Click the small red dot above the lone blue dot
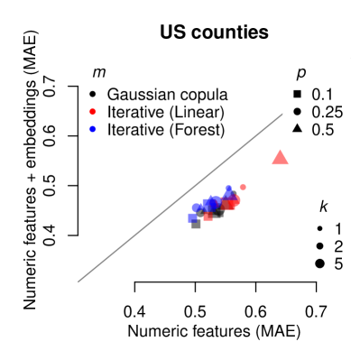click(x=93, y=112)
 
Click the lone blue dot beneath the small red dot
click(x=93, y=129)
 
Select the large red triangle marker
click(x=280, y=158)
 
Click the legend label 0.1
click(x=322, y=94)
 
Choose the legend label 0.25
click(x=326, y=112)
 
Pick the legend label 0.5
click(x=322, y=130)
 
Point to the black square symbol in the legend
click(x=298, y=94)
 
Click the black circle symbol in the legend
click(x=298, y=112)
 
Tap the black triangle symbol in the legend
click(x=298, y=129)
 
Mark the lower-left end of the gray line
click(x=78, y=281)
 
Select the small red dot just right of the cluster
click(x=243, y=187)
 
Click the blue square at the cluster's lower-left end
click(x=192, y=217)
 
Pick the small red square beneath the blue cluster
click(x=208, y=217)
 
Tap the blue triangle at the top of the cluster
click(x=229, y=189)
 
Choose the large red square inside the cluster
click(x=228, y=204)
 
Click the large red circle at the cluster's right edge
click(x=235, y=199)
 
